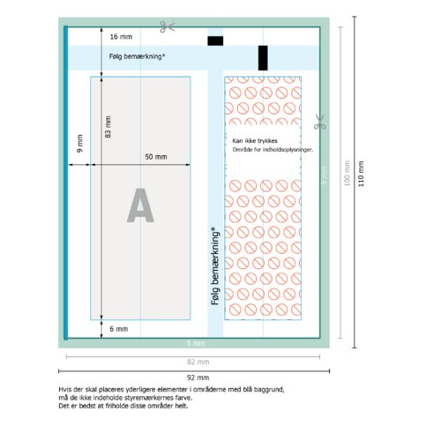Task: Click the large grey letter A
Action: pos(140,206)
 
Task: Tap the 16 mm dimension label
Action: pos(121,37)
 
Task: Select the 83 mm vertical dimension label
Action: pos(108,127)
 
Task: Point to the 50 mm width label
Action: pos(156,157)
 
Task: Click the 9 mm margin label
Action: pos(79,144)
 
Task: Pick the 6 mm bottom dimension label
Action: pos(119,329)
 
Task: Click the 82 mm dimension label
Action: pos(198,362)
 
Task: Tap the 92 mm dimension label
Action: pos(198,377)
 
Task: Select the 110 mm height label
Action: pos(361,174)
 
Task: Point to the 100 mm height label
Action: pos(347,173)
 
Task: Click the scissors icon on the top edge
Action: pos(168,26)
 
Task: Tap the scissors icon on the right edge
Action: pos(319,122)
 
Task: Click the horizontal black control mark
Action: pos(215,41)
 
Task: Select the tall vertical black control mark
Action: pos(263,58)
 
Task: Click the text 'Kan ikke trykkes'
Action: pos(255,141)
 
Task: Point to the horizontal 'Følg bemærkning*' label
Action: pos(137,56)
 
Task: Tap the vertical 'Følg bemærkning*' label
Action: pos(215,265)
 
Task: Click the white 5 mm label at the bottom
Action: pos(196,343)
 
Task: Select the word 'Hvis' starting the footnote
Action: pos(65,390)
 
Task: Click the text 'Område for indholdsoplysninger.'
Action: pos(273,150)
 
